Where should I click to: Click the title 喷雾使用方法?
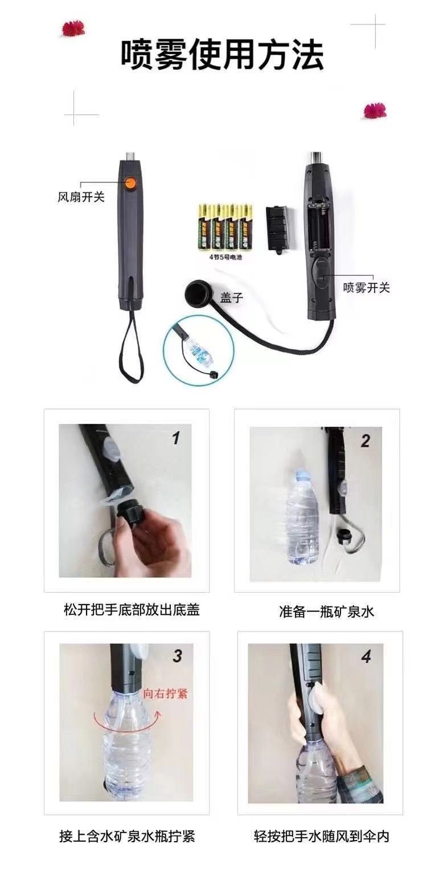click(222, 55)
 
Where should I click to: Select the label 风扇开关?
click(81, 198)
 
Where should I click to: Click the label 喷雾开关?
click(366, 288)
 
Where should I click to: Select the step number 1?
click(176, 438)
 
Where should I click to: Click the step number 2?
click(365, 440)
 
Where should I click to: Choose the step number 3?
click(177, 656)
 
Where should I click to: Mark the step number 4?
click(366, 657)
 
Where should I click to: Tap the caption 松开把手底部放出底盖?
click(132, 610)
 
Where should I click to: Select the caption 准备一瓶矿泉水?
click(326, 612)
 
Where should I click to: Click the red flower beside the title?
click(73, 28)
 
